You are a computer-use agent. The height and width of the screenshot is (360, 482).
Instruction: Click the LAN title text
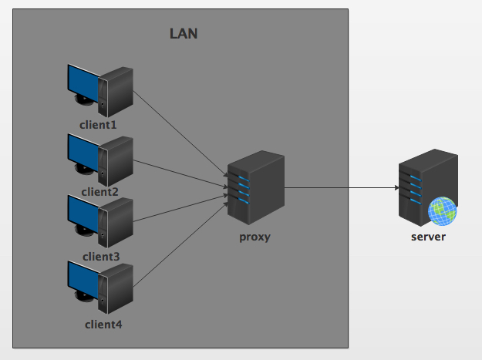tap(184, 34)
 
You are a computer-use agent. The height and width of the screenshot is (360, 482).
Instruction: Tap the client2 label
tap(99, 191)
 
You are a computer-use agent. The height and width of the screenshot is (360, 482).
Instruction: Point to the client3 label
tap(100, 256)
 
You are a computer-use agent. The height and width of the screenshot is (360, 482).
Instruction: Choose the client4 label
tap(103, 324)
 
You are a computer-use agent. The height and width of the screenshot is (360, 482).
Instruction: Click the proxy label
tap(254, 237)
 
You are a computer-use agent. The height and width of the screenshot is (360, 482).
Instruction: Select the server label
tap(427, 237)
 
